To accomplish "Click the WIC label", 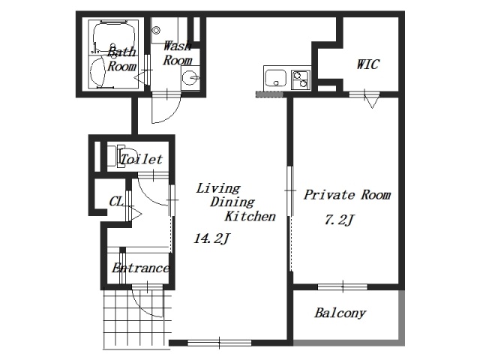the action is (x=368, y=64).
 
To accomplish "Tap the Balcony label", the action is (x=340, y=313).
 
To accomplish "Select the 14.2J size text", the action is (x=211, y=238).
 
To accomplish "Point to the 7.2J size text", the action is (x=339, y=220).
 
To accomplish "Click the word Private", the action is (x=329, y=195).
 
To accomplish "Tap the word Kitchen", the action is (x=250, y=216).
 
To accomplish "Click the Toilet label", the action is (x=141, y=159).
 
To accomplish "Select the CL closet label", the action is (x=116, y=202).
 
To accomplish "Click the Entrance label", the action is (x=140, y=268).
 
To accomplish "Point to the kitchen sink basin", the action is (x=275, y=78).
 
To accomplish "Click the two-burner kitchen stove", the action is (x=301, y=79).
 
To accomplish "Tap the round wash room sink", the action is (x=190, y=78).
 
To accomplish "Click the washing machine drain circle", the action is (x=157, y=30).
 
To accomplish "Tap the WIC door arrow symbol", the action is (x=372, y=102).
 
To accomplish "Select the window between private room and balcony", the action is (x=343, y=286).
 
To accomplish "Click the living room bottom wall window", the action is (x=219, y=343).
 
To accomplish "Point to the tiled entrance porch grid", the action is (x=136, y=319).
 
